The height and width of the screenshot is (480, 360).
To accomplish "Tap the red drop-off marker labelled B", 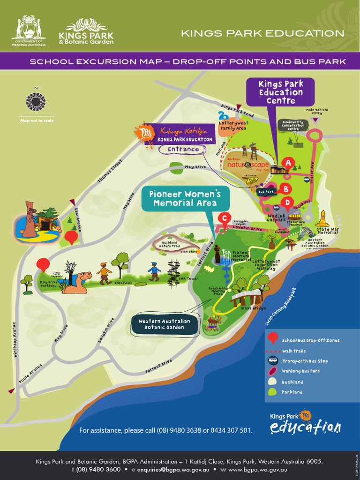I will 285,189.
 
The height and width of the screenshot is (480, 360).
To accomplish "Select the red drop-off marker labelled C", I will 225,218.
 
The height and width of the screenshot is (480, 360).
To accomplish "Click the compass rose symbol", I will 36,102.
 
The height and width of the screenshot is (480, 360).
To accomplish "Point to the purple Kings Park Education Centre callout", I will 280,92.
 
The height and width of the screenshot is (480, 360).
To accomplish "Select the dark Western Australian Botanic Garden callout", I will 164,324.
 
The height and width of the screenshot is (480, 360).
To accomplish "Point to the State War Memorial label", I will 327,231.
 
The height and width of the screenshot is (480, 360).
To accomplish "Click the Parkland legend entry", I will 292,392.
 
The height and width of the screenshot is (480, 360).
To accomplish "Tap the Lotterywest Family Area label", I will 233,125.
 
